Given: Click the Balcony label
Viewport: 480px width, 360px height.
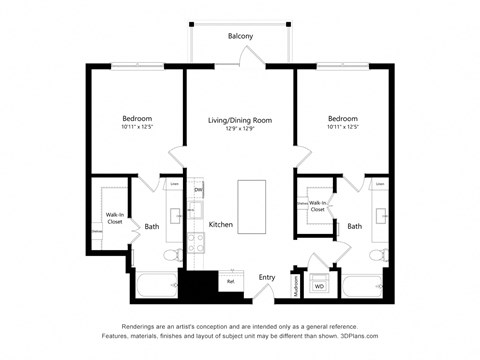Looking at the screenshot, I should point(240,36).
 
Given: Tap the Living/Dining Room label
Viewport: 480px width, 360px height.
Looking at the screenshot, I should point(239,120).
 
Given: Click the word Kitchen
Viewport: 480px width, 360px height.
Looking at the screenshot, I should point(221,225).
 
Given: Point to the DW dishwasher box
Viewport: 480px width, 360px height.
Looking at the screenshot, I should point(198,190).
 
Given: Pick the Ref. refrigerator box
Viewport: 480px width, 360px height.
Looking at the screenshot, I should point(230,281).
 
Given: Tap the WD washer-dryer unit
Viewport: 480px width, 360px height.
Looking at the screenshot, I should point(320,286).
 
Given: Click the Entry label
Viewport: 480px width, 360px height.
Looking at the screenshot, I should point(267,277).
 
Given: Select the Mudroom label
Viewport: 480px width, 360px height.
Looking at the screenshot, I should point(296,284).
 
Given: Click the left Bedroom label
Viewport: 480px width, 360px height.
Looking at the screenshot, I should point(136,117).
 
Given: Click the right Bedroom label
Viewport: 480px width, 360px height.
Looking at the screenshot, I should point(341,117).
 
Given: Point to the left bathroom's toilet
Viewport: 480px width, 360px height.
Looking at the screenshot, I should point(171,256).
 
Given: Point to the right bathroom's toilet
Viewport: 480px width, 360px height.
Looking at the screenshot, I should point(376,256).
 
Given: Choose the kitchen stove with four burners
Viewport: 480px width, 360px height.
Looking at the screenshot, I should point(197,241).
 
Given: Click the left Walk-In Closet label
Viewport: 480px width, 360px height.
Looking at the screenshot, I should point(115,218).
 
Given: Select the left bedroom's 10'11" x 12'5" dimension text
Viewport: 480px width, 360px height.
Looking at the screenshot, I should point(136,127).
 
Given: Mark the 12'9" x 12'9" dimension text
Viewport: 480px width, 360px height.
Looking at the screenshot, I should point(239,129).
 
